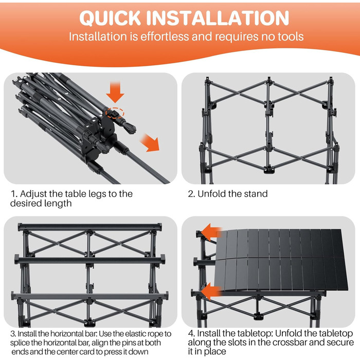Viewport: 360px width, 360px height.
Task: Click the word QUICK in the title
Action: click(x=110, y=18)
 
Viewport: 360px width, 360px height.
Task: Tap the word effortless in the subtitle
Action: click(x=165, y=37)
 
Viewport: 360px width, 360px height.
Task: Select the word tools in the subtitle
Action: click(x=291, y=37)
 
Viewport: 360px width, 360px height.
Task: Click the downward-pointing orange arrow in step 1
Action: click(x=115, y=92)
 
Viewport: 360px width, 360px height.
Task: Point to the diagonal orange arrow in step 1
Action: click(x=150, y=143)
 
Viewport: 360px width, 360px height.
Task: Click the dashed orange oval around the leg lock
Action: click(x=115, y=113)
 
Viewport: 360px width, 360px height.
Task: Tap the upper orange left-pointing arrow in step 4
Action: click(x=211, y=232)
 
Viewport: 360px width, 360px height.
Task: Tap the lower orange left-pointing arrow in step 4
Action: click(x=211, y=291)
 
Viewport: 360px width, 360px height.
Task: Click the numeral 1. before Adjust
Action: click(x=14, y=194)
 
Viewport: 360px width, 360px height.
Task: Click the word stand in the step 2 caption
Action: click(x=256, y=194)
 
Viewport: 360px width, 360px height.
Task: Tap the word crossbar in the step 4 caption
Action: click(x=289, y=343)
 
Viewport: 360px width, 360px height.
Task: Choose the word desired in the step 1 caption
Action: click(x=26, y=204)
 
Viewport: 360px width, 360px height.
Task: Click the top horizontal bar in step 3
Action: click(x=90, y=227)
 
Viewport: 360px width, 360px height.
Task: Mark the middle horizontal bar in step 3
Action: click(x=90, y=260)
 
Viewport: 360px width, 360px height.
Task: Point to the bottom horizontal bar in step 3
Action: click(x=90, y=296)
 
